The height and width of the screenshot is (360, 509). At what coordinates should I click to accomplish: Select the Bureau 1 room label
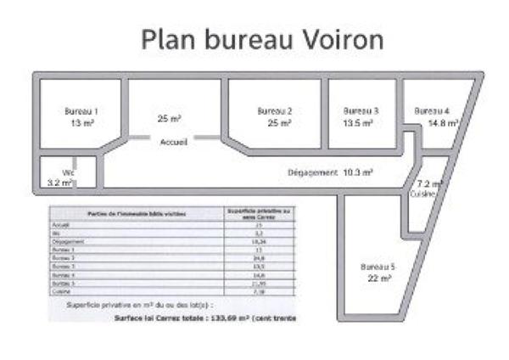tap(81, 111)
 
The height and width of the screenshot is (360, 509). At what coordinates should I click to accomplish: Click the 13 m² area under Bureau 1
tap(81, 123)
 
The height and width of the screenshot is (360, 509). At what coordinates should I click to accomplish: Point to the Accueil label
tap(174, 143)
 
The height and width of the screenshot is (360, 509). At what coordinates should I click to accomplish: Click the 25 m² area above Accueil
tap(169, 119)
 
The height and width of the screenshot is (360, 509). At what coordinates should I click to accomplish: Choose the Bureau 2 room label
tap(274, 111)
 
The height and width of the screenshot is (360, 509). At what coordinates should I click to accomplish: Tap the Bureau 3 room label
tap(361, 110)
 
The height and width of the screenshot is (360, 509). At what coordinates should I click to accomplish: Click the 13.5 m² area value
tap(361, 122)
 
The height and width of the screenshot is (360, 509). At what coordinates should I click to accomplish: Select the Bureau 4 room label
tap(432, 111)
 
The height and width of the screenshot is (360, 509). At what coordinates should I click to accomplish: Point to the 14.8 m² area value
tap(443, 123)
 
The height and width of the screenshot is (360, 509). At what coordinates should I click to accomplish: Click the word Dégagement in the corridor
tap(312, 172)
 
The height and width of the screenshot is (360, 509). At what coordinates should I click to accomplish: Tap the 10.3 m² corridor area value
tap(359, 172)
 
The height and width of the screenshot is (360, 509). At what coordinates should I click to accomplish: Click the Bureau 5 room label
tap(378, 266)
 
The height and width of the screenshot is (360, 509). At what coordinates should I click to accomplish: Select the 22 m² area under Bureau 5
tap(378, 278)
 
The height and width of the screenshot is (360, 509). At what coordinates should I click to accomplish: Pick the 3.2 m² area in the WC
tap(59, 183)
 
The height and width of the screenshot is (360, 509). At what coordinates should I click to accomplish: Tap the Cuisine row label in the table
tap(60, 291)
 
